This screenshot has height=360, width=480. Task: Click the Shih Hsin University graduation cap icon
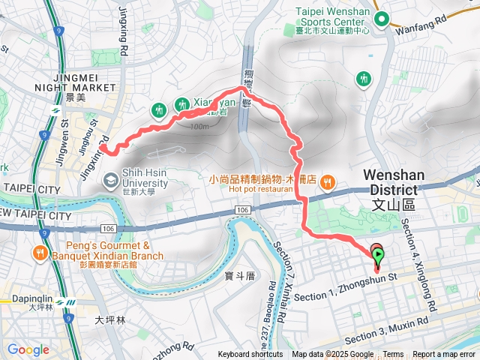pos(111,178)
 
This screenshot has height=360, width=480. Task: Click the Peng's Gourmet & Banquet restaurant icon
pos(39,254)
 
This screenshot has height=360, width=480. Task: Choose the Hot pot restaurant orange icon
pos(327,181)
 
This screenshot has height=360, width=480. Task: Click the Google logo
pos(28,349)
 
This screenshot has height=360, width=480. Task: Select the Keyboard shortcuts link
pos(250,355)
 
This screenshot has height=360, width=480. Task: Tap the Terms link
pos(393,355)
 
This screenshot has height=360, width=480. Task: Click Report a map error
pos(444,355)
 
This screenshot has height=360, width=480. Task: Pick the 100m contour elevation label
pos(199,126)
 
